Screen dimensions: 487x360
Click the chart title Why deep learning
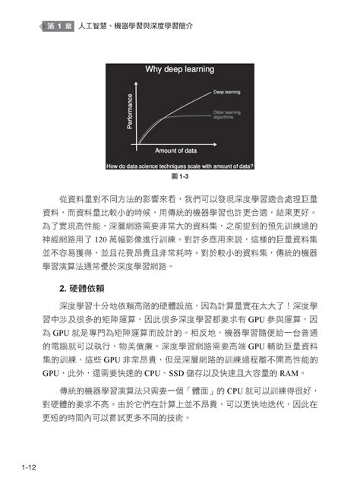179,69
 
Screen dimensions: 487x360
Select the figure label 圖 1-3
180,176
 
